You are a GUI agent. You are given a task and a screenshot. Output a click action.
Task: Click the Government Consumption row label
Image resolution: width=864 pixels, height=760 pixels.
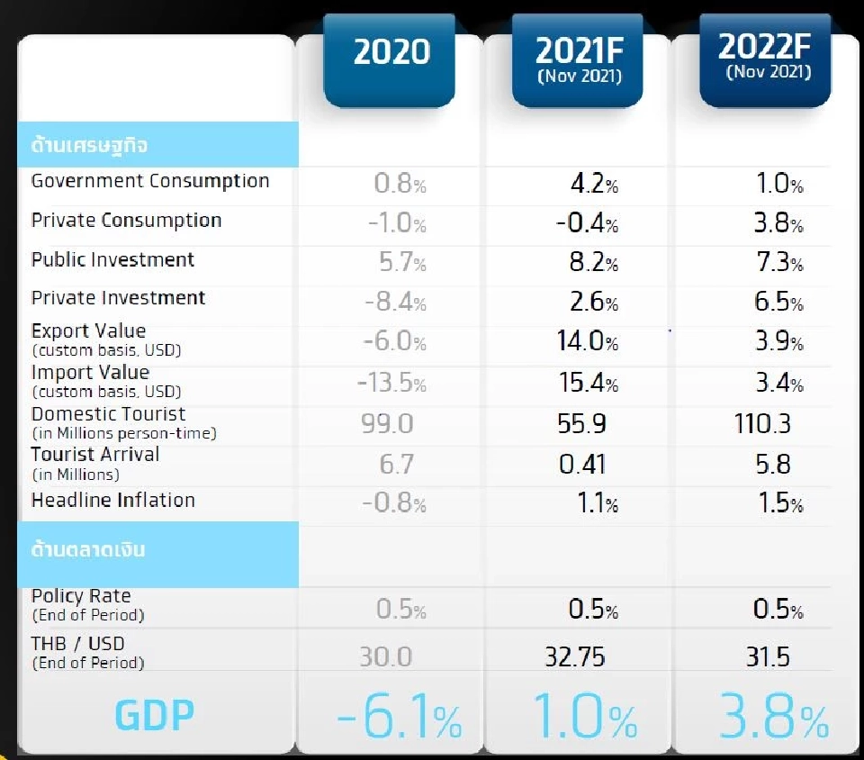point(150,181)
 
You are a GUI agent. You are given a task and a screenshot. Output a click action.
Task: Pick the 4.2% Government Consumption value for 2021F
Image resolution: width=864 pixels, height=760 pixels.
point(594,185)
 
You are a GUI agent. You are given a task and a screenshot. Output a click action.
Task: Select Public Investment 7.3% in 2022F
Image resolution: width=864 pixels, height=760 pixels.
point(778,263)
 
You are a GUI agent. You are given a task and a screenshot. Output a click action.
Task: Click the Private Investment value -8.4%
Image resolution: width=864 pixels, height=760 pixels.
point(395,303)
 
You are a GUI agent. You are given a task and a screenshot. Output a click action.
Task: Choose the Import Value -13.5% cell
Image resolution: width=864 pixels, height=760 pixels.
point(391,384)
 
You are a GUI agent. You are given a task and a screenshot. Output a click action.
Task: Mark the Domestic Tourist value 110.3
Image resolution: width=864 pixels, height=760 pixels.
point(762,423)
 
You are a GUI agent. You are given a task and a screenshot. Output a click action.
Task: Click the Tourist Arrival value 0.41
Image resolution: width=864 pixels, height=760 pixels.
point(582,464)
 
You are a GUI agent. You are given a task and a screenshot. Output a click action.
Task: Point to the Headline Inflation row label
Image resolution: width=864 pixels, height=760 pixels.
point(113,501)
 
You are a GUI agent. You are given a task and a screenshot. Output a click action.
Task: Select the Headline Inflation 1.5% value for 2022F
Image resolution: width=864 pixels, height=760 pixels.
point(778,503)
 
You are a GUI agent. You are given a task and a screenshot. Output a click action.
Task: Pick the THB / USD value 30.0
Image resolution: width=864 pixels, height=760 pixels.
point(386,656)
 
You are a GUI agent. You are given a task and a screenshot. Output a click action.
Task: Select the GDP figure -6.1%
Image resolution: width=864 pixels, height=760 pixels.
point(399,719)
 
